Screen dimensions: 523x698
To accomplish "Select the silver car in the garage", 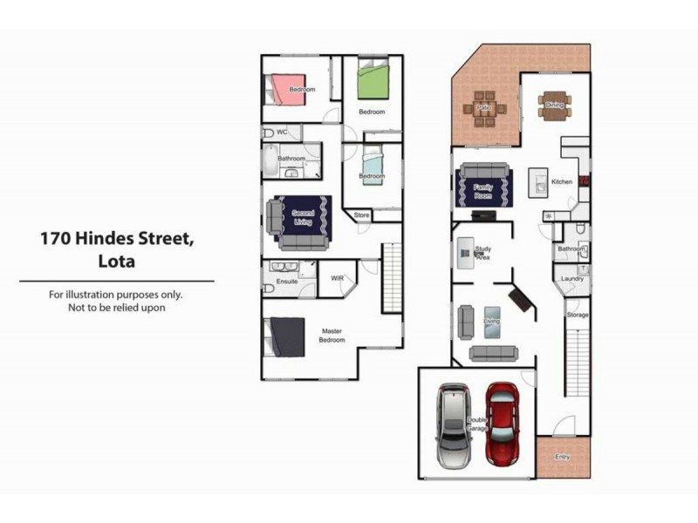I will [x=454, y=425].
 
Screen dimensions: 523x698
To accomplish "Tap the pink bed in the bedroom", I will [x=288, y=89].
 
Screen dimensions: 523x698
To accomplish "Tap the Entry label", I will [x=562, y=457].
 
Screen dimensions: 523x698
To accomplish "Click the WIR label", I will [x=338, y=279].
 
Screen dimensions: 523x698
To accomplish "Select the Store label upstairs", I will [x=362, y=214].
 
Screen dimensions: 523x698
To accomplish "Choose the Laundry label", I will [x=572, y=279].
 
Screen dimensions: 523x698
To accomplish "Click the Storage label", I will [x=578, y=315].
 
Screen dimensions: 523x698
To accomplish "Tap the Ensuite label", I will [x=287, y=282].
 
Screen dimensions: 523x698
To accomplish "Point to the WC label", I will [x=282, y=132].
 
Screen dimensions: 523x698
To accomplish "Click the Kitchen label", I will [x=562, y=182].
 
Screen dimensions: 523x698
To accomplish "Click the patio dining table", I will [x=484, y=109].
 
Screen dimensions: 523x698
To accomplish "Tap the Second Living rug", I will [x=303, y=215].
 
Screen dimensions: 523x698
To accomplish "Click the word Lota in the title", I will [x=117, y=261].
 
